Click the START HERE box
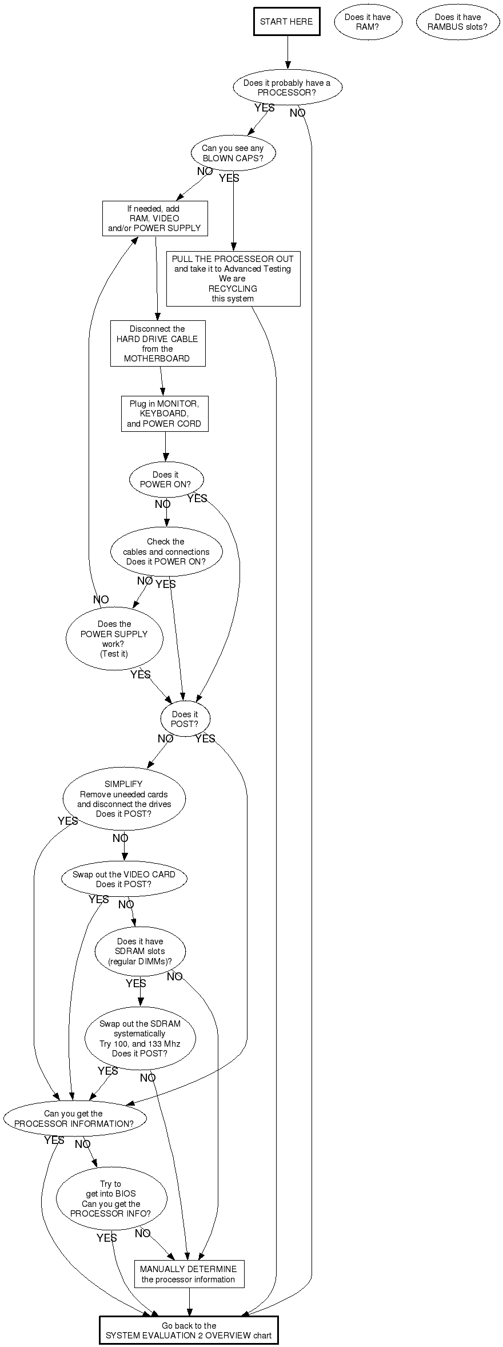coord(286,22)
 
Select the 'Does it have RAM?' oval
coord(368,22)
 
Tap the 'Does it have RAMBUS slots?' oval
coord(457,22)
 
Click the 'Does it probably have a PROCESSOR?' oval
coord(287,88)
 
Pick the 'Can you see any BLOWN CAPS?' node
coord(233,153)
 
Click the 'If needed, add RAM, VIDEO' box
coord(154,218)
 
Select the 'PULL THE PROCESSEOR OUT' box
coord(233,279)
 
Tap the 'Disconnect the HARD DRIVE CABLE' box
coord(157,343)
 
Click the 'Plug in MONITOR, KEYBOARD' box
coord(164,414)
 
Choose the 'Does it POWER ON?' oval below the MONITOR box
coord(166,479)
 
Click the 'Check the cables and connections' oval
coord(166,551)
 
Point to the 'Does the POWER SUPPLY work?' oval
coord(114,638)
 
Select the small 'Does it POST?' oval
coord(185,718)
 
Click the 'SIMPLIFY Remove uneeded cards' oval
coord(124,798)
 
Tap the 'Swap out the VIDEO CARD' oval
coord(124,879)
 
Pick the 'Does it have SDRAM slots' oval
coord(140,951)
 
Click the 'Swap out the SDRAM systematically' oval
coord(140,1038)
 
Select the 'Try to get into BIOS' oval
coord(111,1198)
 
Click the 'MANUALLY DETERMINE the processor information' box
coord(189,1274)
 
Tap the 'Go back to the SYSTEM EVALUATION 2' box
coord(189,1330)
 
